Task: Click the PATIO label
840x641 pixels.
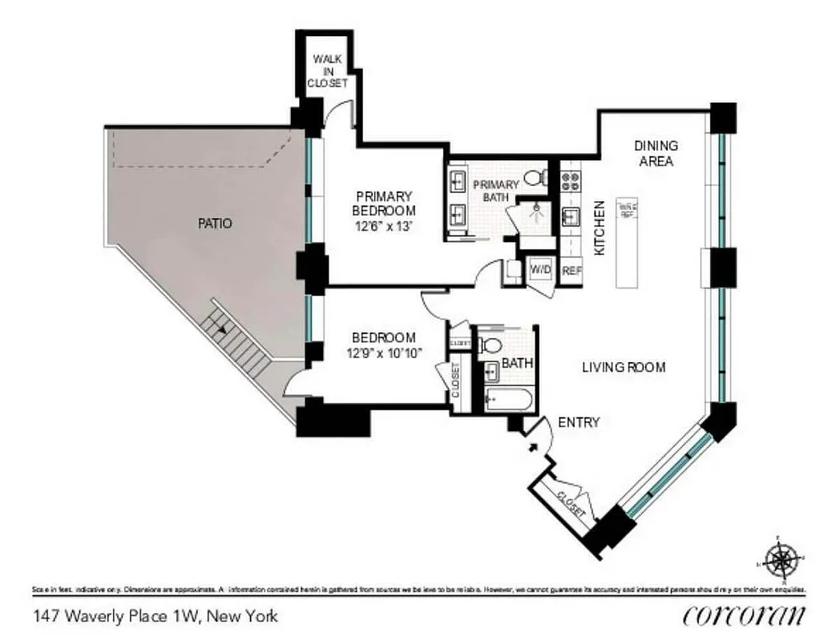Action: (215, 224)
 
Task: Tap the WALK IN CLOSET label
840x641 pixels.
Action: (329, 71)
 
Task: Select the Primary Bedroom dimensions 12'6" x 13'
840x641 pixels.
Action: (385, 226)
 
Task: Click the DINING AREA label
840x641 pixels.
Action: (656, 153)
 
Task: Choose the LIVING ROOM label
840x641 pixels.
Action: (624, 367)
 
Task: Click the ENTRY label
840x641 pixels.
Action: (578, 422)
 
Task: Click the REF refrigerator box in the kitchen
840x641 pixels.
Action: (571, 271)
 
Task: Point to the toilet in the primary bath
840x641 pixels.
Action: (535, 177)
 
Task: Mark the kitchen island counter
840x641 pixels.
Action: (627, 242)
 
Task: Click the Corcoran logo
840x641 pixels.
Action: (743, 615)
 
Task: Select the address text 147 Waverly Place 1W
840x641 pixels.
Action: (155, 616)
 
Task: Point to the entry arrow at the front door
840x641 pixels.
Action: (532, 445)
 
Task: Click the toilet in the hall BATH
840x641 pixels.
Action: (491, 345)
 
